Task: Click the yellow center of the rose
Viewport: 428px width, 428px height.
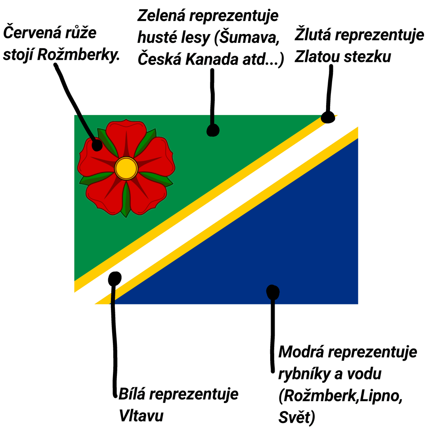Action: coord(126,168)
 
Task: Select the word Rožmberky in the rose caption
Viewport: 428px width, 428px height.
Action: coord(78,55)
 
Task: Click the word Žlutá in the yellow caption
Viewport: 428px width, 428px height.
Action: coord(313,35)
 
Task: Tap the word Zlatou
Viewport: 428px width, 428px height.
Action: coord(317,57)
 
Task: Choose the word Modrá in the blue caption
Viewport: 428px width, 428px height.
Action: coord(301,352)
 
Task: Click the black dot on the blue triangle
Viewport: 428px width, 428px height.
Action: coord(273,292)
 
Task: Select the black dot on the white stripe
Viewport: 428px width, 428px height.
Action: coord(115,278)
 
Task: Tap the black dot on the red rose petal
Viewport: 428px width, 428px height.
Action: coord(97,145)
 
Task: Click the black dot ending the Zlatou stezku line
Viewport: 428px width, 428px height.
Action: coord(328,117)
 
